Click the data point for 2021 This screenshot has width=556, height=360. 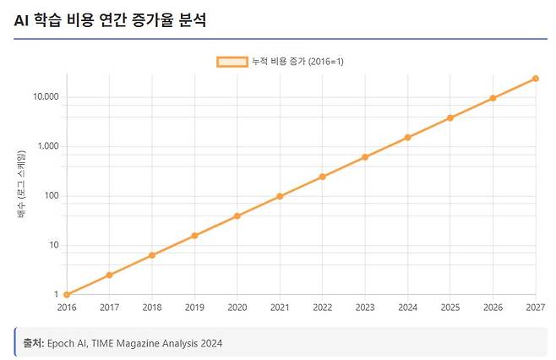point(280,196)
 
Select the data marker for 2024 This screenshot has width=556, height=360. point(408,137)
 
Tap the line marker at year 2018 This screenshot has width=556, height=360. point(151,255)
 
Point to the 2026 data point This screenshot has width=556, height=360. point(493,98)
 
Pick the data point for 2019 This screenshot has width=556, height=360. point(194,235)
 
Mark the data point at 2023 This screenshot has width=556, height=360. point(365,157)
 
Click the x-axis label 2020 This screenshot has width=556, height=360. point(237,308)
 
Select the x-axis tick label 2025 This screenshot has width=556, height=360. point(450,308)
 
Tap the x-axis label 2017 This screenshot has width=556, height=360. point(109,308)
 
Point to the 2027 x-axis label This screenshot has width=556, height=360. point(534,308)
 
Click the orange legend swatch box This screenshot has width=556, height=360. point(232,62)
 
